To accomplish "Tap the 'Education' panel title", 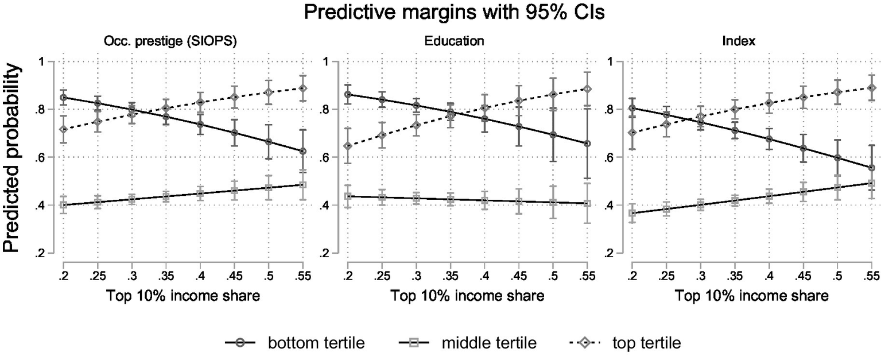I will click(454, 41).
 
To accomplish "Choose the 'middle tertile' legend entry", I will click(489, 343).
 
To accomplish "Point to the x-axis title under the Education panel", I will click(467, 296).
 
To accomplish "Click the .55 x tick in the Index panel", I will click(871, 277).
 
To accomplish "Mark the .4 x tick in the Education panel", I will click(484, 277).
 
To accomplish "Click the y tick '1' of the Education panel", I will click(329, 61).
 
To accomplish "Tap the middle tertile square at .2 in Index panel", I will click(633, 213).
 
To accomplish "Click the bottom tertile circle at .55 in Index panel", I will click(872, 168).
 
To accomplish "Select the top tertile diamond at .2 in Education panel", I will click(347, 146).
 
